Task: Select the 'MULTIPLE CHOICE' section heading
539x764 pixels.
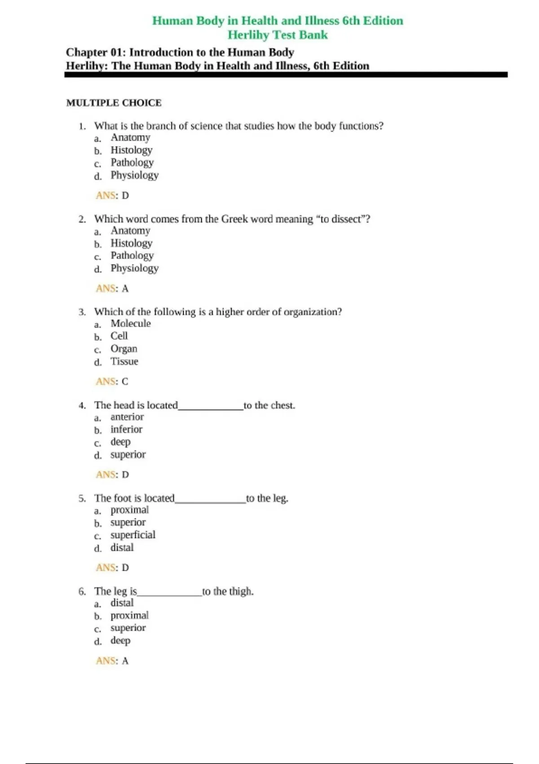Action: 114,103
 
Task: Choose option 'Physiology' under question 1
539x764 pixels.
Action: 134,175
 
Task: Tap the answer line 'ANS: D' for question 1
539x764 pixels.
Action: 112,195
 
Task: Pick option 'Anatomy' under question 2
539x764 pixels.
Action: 130,231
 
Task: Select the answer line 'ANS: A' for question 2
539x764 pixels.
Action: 112,289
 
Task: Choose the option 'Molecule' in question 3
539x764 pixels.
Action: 131,324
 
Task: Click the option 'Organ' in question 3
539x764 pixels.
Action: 124,349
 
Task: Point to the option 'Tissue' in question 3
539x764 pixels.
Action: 124,361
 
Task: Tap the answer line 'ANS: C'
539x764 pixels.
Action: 112,382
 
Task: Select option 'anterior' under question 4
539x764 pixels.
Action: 127,417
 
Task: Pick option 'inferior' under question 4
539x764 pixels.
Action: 126,430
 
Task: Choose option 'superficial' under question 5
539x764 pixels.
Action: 133,535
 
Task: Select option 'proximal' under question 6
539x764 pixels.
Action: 129,615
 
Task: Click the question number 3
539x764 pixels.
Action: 82,312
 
